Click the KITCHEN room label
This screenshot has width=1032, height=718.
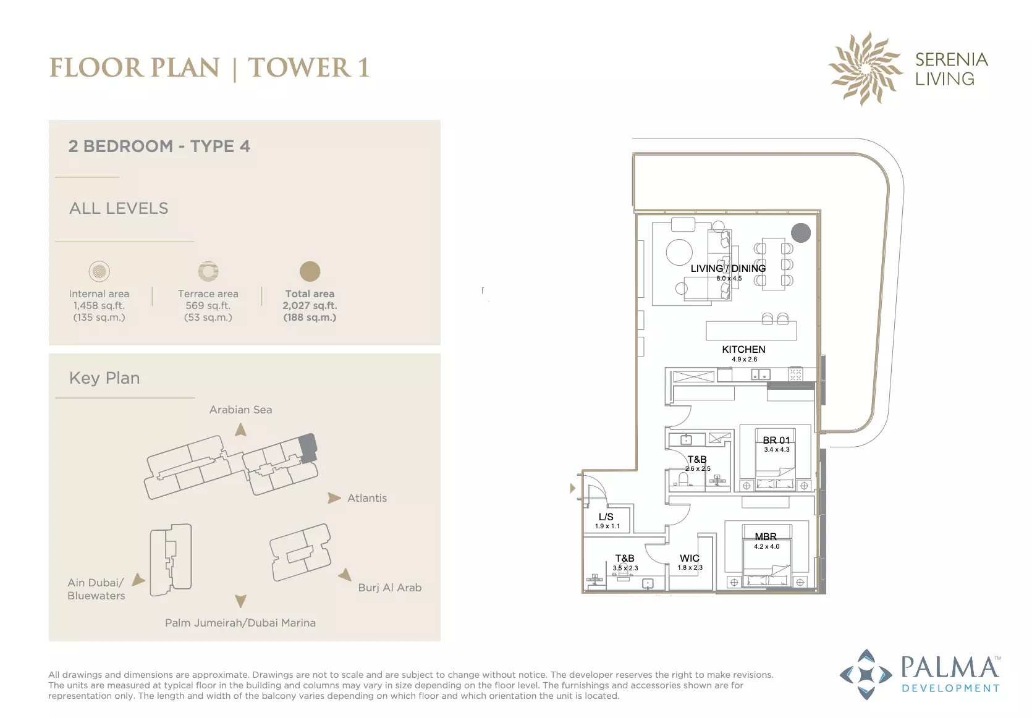[x=743, y=350]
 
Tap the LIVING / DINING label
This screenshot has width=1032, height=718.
[x=728, y=269]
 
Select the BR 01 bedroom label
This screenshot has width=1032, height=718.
[x=776, y=441]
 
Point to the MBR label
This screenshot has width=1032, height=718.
[x=766, y=536]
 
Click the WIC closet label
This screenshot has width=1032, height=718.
[x=689, y=558]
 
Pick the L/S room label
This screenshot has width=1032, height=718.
[x=606, y=517]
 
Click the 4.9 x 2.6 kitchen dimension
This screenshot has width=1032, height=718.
[x=744, y=359]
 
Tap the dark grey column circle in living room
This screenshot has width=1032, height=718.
[x=801, y=232]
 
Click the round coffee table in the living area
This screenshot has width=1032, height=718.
[x=679, y=252]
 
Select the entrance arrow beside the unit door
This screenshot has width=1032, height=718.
[x=573, y=488]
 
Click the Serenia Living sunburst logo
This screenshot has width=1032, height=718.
[x=865, y=69]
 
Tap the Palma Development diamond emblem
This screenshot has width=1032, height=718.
[x=866, y=675]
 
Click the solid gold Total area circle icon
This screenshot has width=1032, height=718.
[x=310, y=271]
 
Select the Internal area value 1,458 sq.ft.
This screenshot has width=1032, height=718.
[x=99, y=305]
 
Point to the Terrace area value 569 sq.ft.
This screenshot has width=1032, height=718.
[x=208, y=305]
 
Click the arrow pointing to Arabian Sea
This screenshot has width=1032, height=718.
[x=240, y=429]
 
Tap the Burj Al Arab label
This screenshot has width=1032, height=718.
[x=390, y=588]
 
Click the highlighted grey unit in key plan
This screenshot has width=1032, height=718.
[x=308, y=447]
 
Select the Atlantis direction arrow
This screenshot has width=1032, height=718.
[x=334, y=498]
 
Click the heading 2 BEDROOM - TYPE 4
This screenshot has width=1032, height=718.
[x=159, y=146]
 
